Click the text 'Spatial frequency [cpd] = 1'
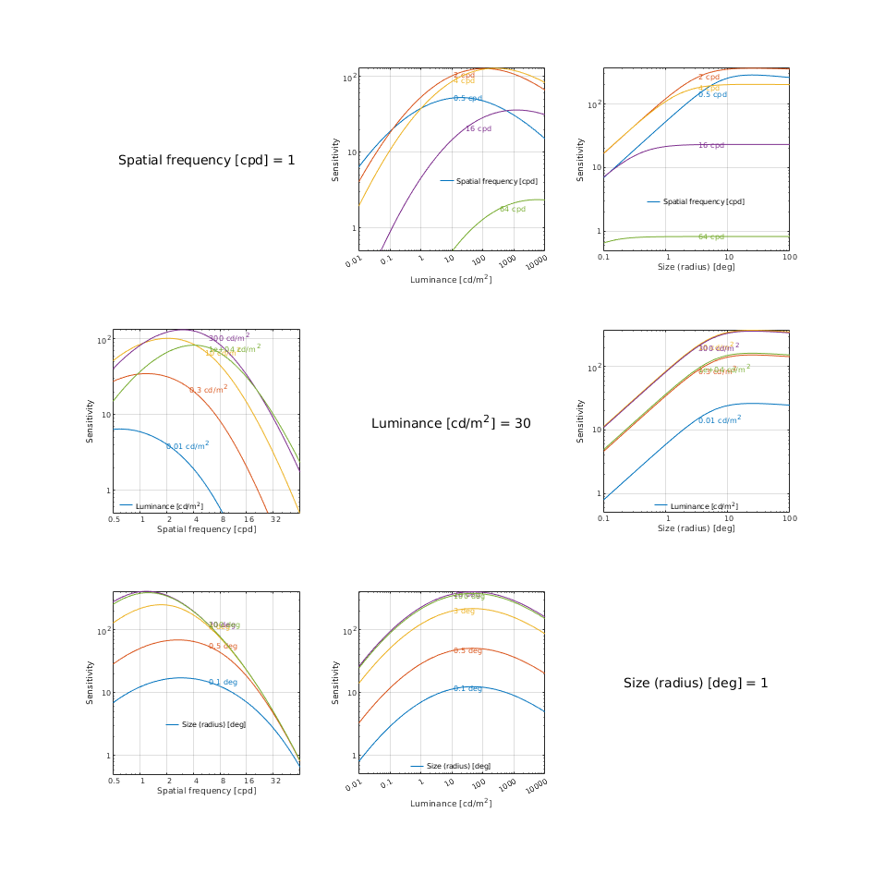pos(206,161)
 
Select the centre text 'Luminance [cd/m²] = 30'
pos(451,423)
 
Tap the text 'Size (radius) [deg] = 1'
pos(696,683)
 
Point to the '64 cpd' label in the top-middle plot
pos(512,210)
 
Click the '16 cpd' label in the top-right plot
pos(710,146)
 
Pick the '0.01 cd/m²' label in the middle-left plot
pos(188,446)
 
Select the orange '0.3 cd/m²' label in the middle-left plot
pos(208,390)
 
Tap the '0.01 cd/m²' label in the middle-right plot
pos(719,420)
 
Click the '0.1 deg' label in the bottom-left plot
pos(223,683)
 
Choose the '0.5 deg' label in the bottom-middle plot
pos(467,651)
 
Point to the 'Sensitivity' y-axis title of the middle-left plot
pos(91,420)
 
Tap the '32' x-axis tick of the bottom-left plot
pos(275,781)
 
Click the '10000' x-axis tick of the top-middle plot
pos(536,262)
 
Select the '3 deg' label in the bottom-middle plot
pos(464,612)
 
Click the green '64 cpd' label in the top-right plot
pos(710,237)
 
